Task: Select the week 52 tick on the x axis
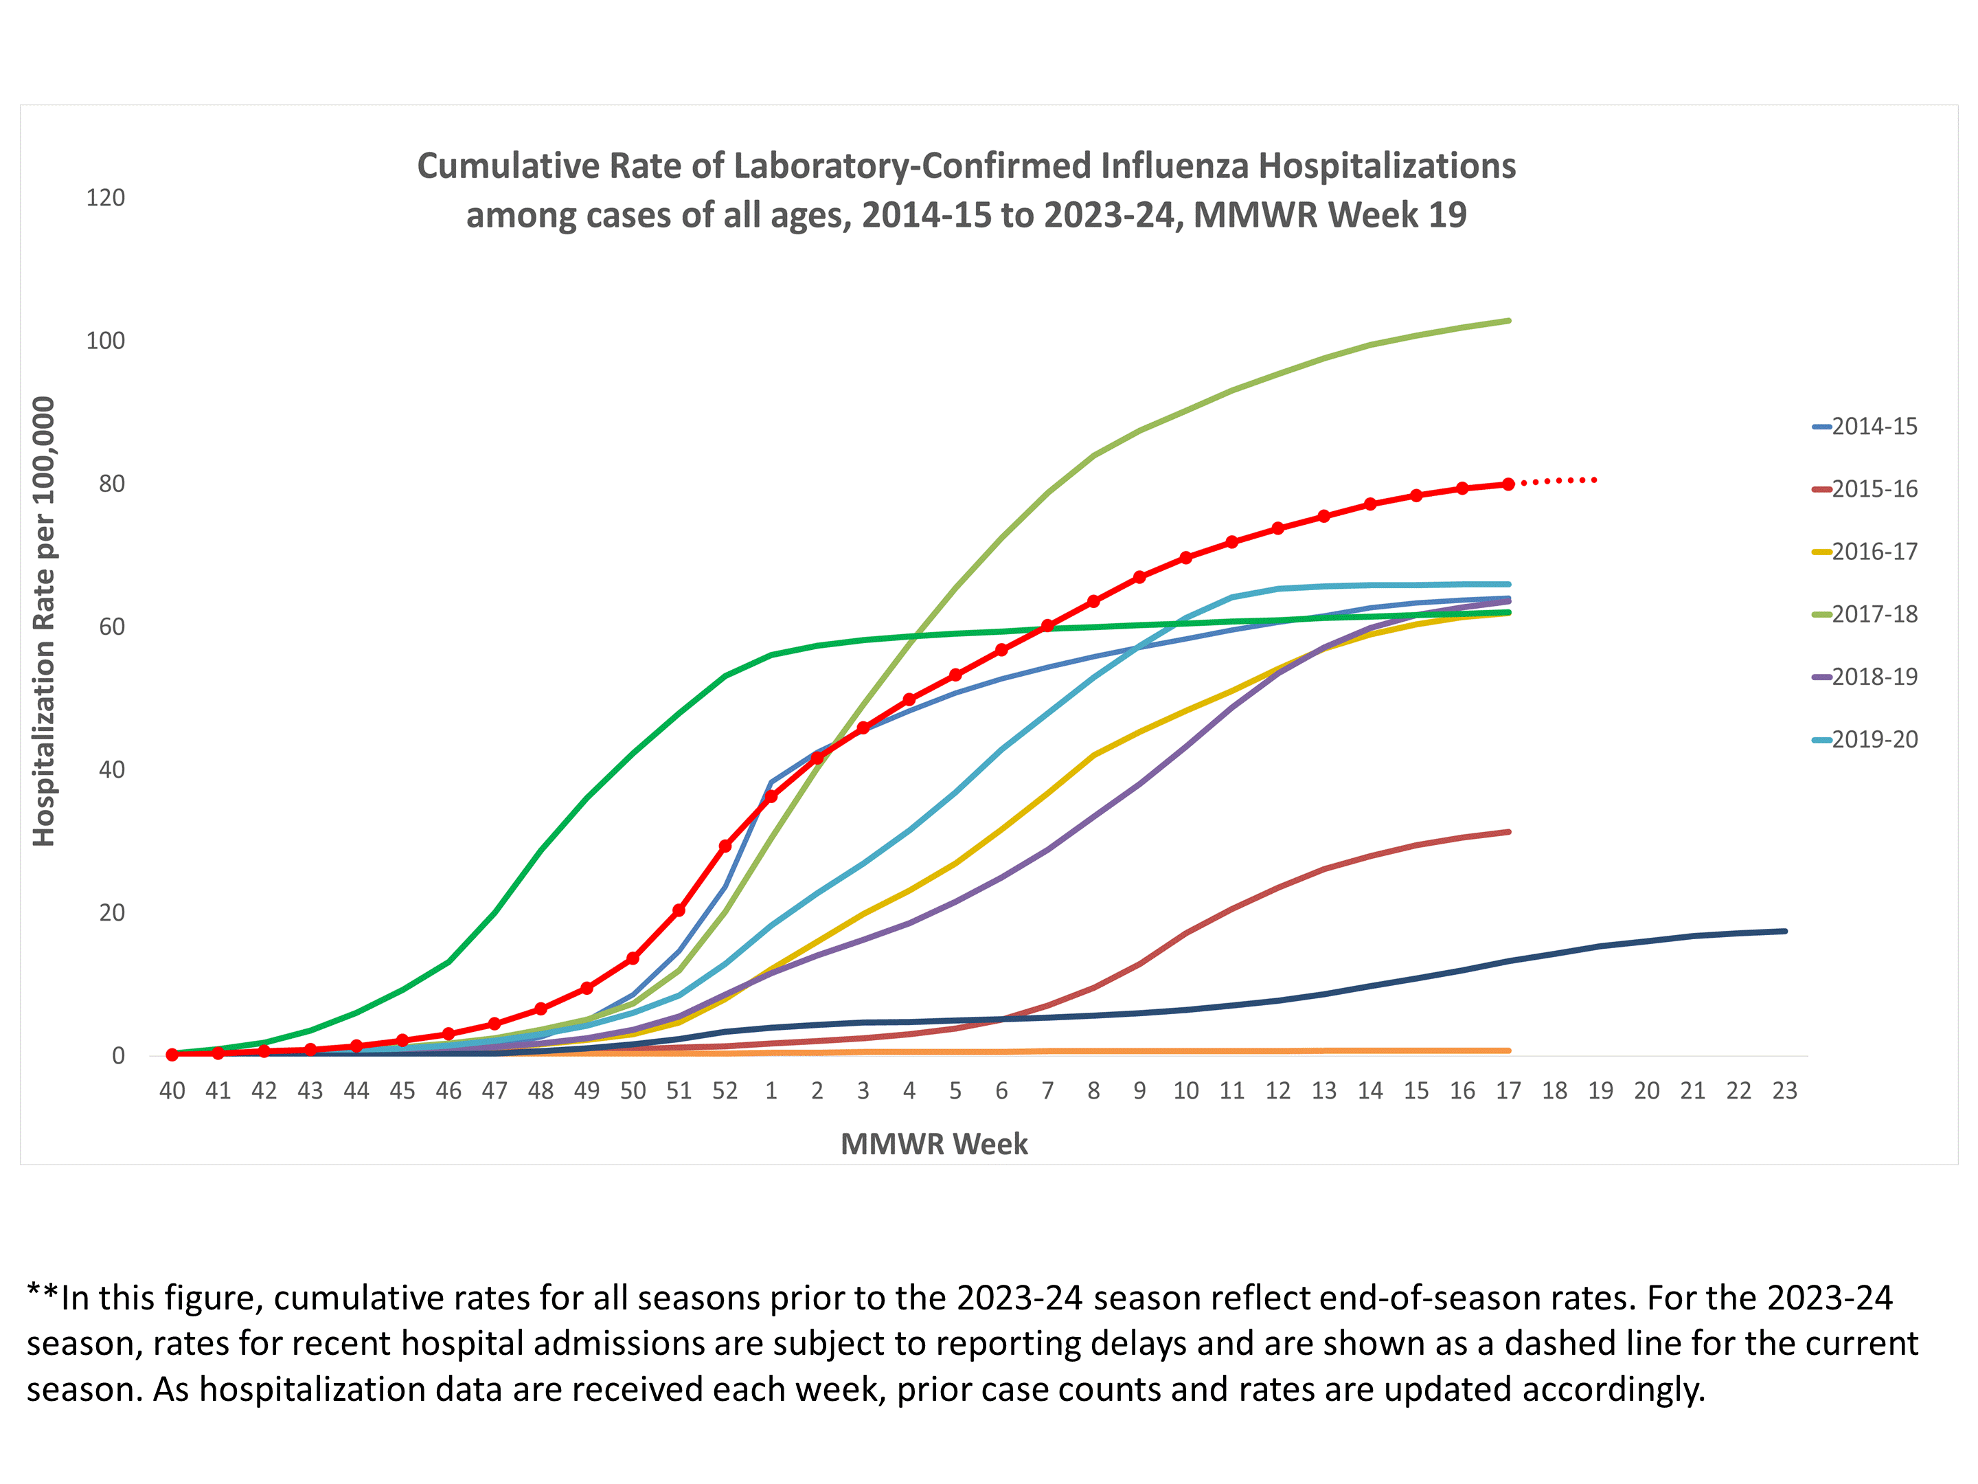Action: [x=725, y=1091]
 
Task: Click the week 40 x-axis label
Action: [x=172, y=1091]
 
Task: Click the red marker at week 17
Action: [x=1508, y=484]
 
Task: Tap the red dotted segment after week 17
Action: [x=1560, y=481]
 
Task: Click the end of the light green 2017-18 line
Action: [x=1508, y=320]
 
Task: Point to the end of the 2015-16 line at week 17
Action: [x=1508, y=832]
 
